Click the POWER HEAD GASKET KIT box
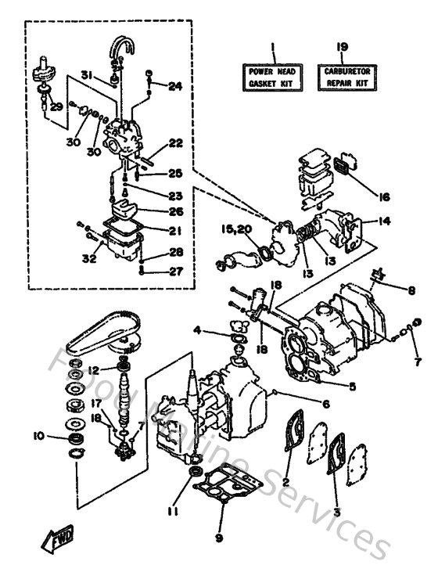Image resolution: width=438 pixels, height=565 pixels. point(270,76)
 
